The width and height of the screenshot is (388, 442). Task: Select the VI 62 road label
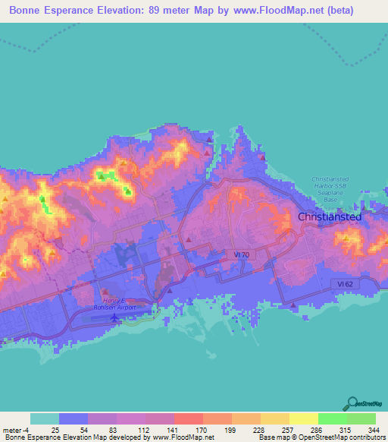346,283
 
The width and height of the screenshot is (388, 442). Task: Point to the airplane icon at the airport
114,317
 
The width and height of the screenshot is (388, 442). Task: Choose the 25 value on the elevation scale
55,429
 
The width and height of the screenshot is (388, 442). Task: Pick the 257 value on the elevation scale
280,429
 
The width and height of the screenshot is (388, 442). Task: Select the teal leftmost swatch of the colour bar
45,418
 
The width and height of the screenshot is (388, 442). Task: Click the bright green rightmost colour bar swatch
361,418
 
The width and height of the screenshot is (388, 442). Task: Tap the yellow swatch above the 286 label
303,418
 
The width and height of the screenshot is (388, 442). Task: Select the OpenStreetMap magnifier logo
353,403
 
